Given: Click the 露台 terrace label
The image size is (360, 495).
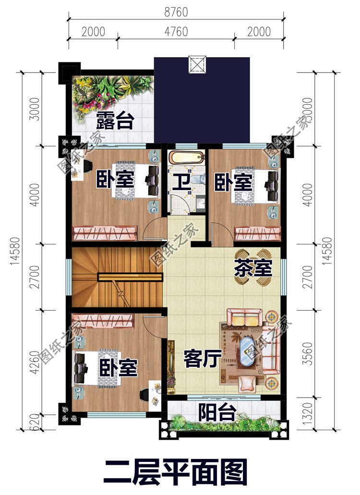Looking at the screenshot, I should tap(114, 121).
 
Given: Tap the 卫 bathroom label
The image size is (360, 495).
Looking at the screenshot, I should tap(180, 182).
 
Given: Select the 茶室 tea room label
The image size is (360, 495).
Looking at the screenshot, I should tap(253, 268).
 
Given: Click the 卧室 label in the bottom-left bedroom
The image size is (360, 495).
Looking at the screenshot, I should tap(119, 368).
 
